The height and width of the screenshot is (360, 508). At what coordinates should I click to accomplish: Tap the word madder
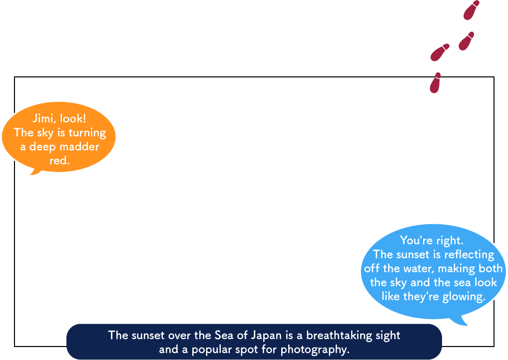tap(79, 147)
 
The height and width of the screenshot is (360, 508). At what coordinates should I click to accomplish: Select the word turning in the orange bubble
tap(87, 133)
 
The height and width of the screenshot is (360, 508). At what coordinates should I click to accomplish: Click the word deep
tap(42, 147)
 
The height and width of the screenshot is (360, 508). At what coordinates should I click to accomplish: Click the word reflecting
tap(469, 255)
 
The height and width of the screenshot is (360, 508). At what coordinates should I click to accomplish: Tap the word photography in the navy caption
tap(315, 350)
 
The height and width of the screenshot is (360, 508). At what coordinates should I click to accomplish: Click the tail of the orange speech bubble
tap(35, 172)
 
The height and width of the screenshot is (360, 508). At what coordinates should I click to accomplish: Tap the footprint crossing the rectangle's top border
tap(435, 83)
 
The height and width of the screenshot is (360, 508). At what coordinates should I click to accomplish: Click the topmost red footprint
tap(472, 10)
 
